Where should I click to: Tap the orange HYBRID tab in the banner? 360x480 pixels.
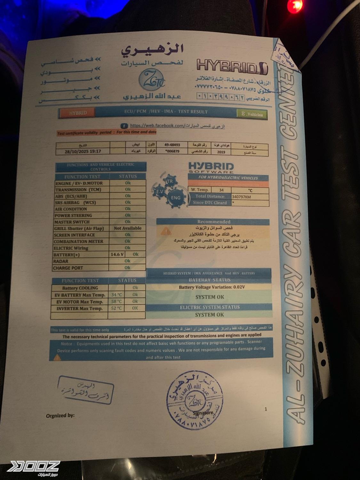point(78,113)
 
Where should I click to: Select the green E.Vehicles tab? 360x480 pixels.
point(252,114)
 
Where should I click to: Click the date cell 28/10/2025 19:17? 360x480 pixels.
point(83,151)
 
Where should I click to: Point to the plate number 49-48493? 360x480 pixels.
point(172,145)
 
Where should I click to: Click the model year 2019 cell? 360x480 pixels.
point(221,152)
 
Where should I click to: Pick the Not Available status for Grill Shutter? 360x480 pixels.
point(127,228)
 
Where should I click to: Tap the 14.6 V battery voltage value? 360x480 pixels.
point(117,254)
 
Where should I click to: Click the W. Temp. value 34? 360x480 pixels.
point(221,190)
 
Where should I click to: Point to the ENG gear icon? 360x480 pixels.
point(175,198)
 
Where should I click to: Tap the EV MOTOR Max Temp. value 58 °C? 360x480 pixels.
point(116,301)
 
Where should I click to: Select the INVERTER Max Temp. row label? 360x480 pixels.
point(79,308)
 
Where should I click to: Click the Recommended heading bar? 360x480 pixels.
point(213,221)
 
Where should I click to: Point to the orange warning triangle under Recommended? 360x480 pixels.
point(166,231)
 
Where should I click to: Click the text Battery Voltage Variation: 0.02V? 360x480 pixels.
point(212,287)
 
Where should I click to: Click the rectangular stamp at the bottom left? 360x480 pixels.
point(85,390)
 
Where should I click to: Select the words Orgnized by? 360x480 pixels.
point(60,415)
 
